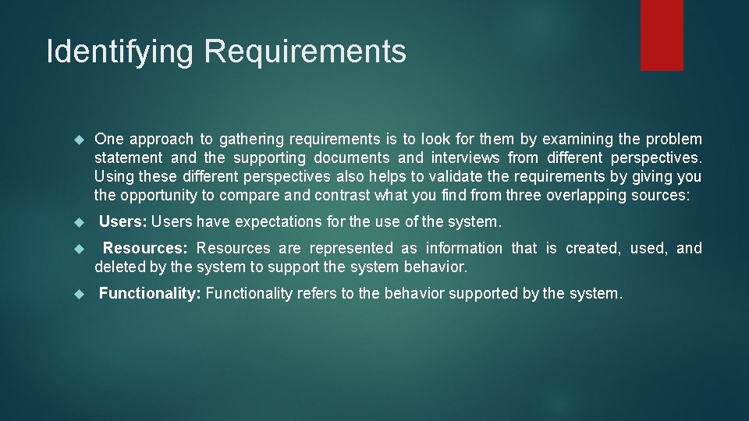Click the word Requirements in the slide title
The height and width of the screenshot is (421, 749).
point(305,52)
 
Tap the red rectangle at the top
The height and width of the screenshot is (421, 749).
point(662,35)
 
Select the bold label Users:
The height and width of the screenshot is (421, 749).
point(123,222)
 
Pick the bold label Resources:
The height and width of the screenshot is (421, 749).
point(145,249)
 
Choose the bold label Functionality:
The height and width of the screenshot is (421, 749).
point(150,294)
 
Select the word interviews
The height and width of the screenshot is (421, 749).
point(467,158)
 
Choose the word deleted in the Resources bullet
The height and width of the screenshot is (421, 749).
point(119,267)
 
